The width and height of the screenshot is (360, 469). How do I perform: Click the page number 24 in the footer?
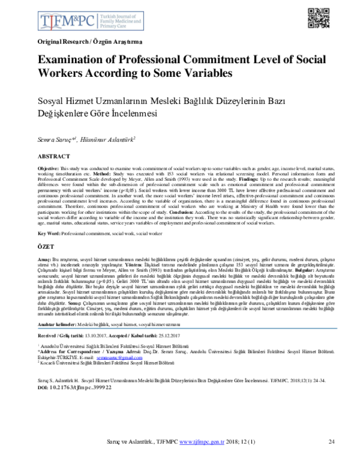[x=331, y=458]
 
